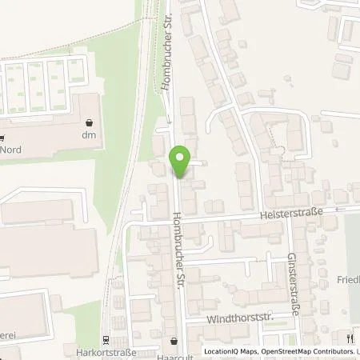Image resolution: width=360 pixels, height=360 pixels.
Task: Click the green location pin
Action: [x=181, y=162]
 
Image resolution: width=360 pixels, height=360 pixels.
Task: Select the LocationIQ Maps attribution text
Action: [x=230, y=351]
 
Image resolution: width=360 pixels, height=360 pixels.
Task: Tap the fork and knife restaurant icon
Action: [x=350, y=339]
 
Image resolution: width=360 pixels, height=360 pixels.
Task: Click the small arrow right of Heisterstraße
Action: [x=338, y=209]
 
